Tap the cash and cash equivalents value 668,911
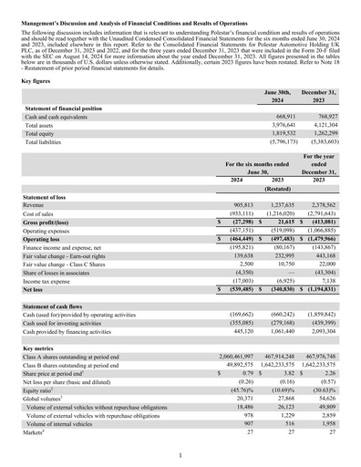coord(281,117)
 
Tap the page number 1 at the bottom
coord(180,453)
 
